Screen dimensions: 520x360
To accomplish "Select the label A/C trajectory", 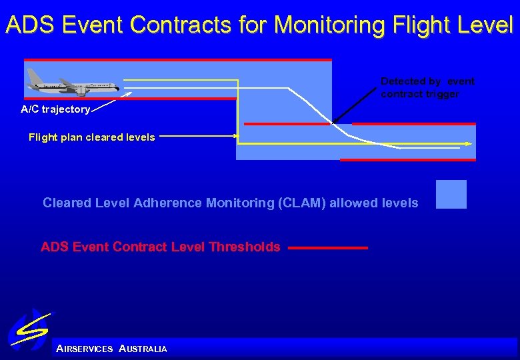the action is (55, 109).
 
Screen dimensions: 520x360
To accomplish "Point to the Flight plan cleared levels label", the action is (91, 137).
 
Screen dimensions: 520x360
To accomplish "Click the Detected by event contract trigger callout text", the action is (427, 87).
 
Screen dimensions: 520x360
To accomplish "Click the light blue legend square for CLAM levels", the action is (451, 195).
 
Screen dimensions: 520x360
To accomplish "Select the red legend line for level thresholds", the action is (328, 248).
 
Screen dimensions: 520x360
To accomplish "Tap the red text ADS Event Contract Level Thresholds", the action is (160, 247).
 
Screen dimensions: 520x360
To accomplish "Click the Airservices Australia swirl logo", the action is (29, 330).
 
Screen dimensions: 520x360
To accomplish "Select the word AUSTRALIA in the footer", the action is (143, 349).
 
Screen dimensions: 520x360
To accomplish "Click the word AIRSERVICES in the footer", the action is (85, 349).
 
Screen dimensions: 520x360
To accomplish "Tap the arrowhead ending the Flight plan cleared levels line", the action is (235, 136).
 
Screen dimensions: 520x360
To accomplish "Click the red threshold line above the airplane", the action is (177, 60).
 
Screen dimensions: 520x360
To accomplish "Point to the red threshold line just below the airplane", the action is (131, 99).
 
